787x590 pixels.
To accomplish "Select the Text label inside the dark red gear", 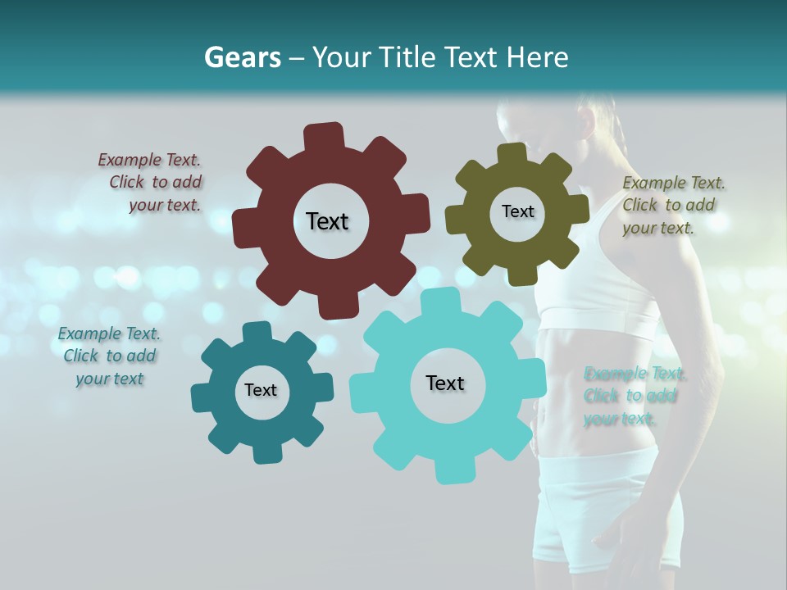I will pos(327,221).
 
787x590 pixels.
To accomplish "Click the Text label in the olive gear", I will pos(517,211).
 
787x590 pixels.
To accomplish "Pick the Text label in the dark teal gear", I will pos(261,390).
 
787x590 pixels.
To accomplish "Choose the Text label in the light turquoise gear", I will pos(445,383).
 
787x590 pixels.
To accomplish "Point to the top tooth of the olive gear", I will pos(512,153).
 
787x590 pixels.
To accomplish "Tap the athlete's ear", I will pos(585,123).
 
